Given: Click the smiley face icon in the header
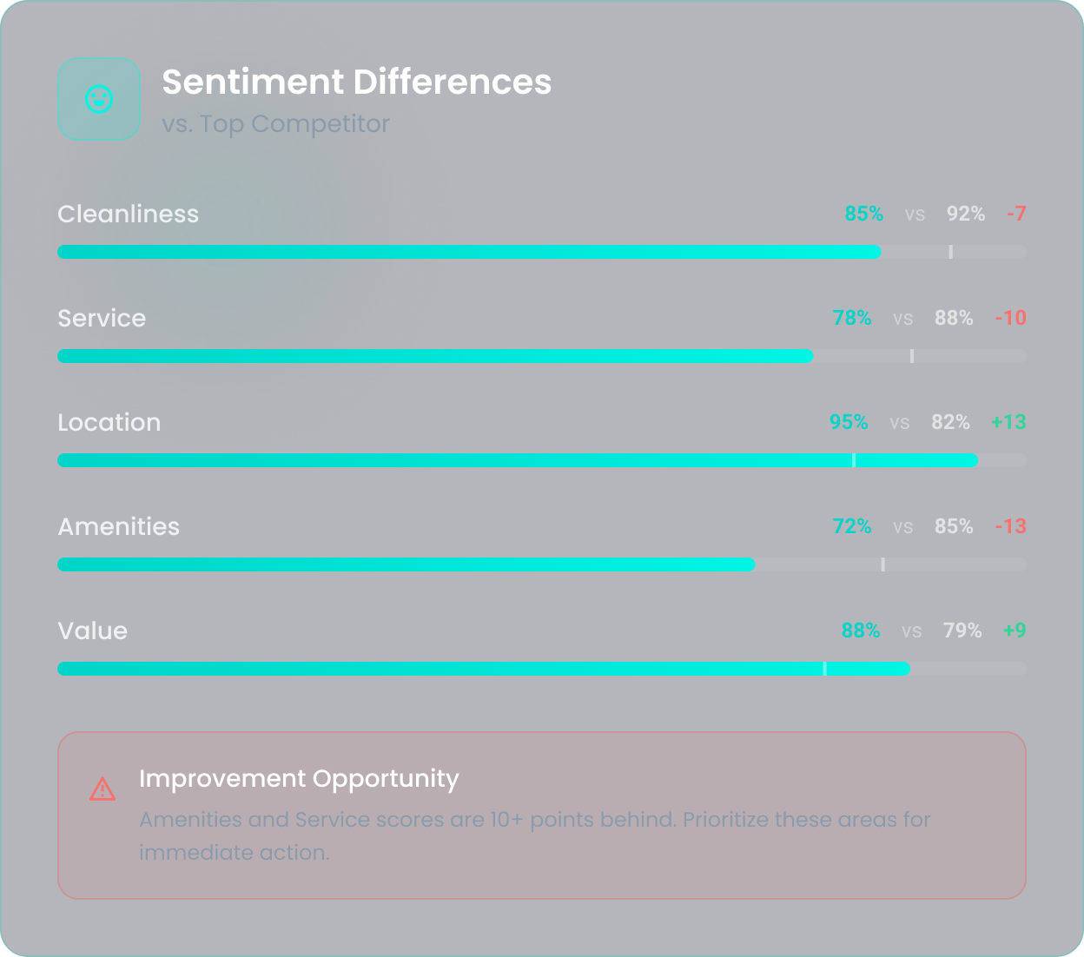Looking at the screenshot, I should (x=99, y=99).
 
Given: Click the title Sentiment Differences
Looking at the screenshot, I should (x=356, y=82).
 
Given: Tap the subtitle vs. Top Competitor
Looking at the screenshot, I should (x=275, y=124).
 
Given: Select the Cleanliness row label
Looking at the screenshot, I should (x=128, y=214).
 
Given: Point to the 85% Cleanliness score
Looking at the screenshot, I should (x=863, y=214).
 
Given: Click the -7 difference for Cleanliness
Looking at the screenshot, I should (x=1016, y=214).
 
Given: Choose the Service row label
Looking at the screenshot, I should (x=102, y=319).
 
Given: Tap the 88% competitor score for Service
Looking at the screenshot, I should (x=954, y=319).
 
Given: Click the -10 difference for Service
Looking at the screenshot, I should (x=1010, y=319).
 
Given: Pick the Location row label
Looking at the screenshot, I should (x=109, y=423).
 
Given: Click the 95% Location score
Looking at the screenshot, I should (x=849, y=423).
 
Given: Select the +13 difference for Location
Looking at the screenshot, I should (x=1008, y=423).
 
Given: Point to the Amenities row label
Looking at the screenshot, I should (x=118, y=527).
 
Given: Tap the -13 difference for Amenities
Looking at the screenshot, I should (x=1010, y=527).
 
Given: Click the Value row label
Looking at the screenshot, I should (x=92, y=631).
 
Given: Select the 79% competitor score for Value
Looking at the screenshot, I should (x=962, y=631).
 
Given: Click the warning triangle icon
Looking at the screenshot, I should (x=102, y=789).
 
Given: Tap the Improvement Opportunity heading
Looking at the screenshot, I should (x=299, y=779).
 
